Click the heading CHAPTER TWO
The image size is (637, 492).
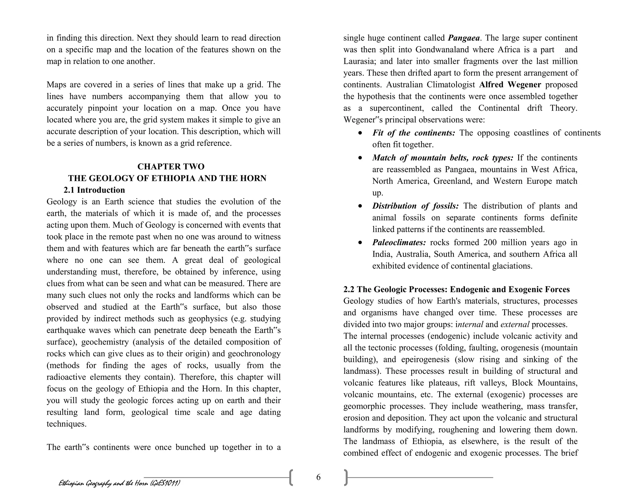coord(171,167)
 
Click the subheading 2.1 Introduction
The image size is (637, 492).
coord(94,190)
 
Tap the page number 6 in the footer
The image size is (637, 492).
coord(318,477)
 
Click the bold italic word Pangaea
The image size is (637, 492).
coord(464,38)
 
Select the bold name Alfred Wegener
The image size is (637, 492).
coord(510,85)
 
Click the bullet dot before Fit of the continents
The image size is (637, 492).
coord(360,133)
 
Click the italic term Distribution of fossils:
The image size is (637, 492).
coord(415,206)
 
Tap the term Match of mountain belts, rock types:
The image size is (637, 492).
coord(443,158)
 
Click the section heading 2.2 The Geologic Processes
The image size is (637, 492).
coord(456,290)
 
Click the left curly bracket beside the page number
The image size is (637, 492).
coord(291,478)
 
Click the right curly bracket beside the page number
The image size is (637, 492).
coord(346,478)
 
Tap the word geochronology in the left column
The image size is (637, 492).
coord(254,354)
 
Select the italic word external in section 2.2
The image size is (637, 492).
coord(515,325)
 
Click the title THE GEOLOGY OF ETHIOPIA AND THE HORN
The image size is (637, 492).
coord(167,179)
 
